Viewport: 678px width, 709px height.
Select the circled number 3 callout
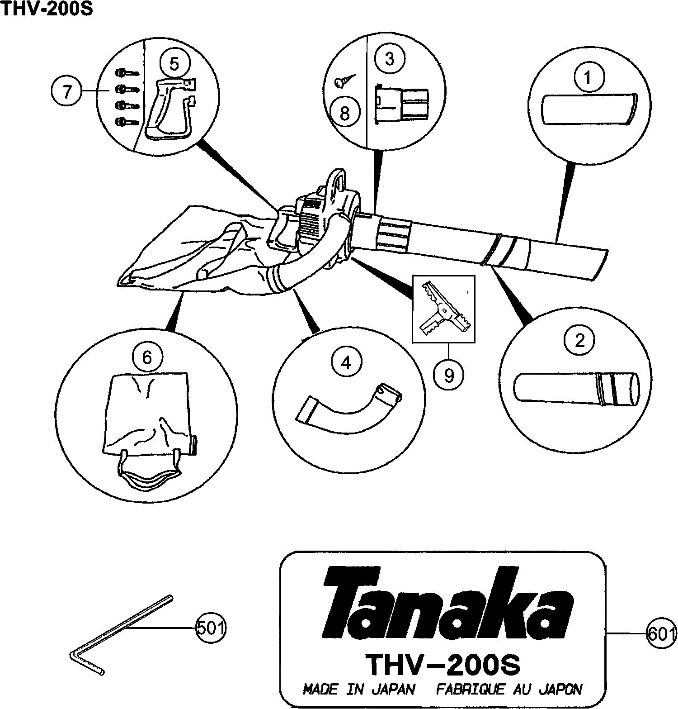click(389, 60)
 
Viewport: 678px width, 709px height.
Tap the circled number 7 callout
click(66, 92)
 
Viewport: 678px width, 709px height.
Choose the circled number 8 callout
click(345, 114)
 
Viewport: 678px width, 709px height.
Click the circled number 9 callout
click(448, 375)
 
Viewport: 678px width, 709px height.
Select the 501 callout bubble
click(210, 628)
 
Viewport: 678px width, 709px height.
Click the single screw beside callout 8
click(345, 81)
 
